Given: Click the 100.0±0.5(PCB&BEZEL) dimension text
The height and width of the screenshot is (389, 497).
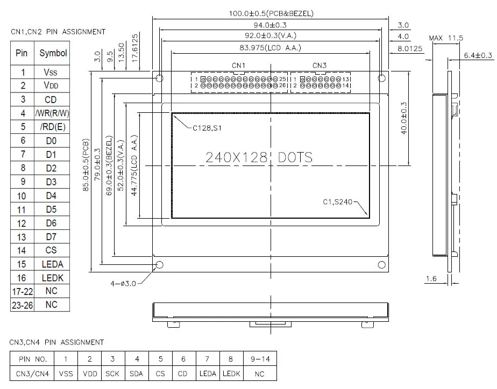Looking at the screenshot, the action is pyautogui.click(x=271, y=13).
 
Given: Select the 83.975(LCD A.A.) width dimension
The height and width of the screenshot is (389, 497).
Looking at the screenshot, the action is pyautogui.click(x=271, y=48).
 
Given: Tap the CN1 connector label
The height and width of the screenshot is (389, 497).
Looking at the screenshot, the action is pyautogui.click(x=238, y=66).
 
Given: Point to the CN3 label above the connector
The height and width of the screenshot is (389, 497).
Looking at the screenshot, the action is pyautogui.click(x=319, y=66).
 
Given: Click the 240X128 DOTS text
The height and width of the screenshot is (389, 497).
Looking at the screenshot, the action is pyautogui.click(x=259, y=157).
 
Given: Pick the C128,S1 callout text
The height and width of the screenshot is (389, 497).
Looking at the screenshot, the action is pyautogui.click(x=207, y=128).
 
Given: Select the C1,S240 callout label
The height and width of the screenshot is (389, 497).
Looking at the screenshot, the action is pyautogui.click(x=338, y=202).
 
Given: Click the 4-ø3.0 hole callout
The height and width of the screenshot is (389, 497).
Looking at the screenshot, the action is pyautogui.click(x=123, y=284).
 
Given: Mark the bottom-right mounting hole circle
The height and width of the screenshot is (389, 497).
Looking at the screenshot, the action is pyautogui.click(x=382, y=265).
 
